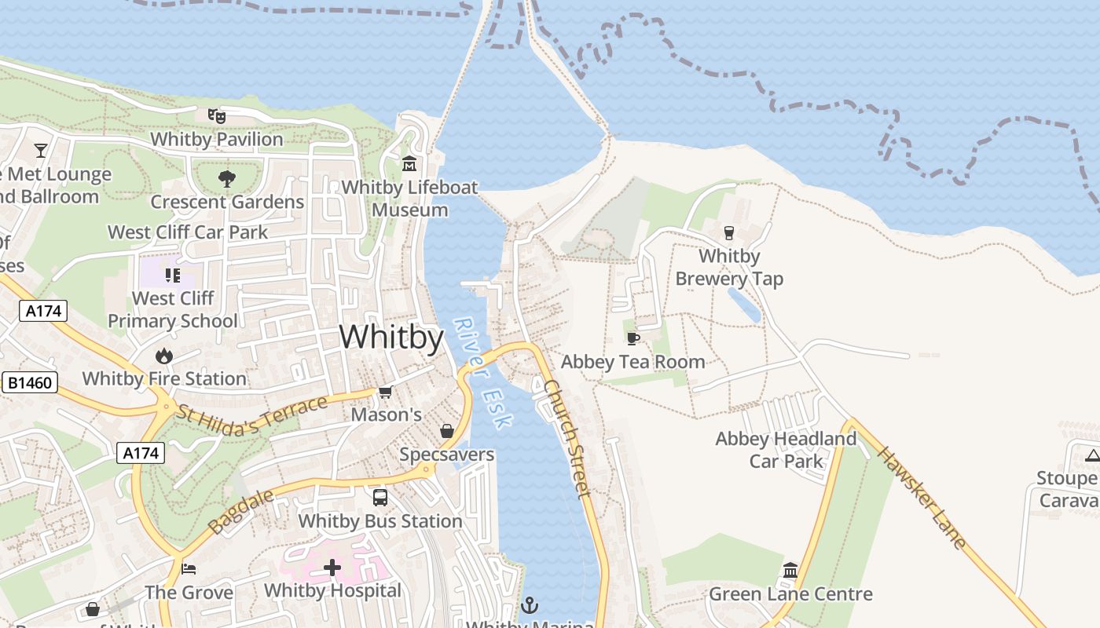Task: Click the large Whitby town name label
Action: (x=391, y=337)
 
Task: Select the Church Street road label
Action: (x=566, y=439)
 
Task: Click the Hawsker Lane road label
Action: (x=921, y=498)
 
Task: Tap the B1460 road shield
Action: (x=31, y=383)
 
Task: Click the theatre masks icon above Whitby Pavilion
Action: (x=217, y=116)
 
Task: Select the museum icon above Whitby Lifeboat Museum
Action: (x=409, y=165)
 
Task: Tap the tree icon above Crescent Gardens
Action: (x=227, y=179)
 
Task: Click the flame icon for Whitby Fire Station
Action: (x=164, y=356)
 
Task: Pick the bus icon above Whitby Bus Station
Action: (x=380, y=498)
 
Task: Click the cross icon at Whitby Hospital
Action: (x=332, y=567)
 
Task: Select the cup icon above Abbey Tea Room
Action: (x=632, y=338)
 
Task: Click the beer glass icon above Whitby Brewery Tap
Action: (x=729, y=233)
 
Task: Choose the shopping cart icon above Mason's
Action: (x=385, y=392)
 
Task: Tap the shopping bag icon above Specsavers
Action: (x=446, y=431)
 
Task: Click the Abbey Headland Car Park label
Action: (x=786, y=450)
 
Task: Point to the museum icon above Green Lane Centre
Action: (x=790, y=570)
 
